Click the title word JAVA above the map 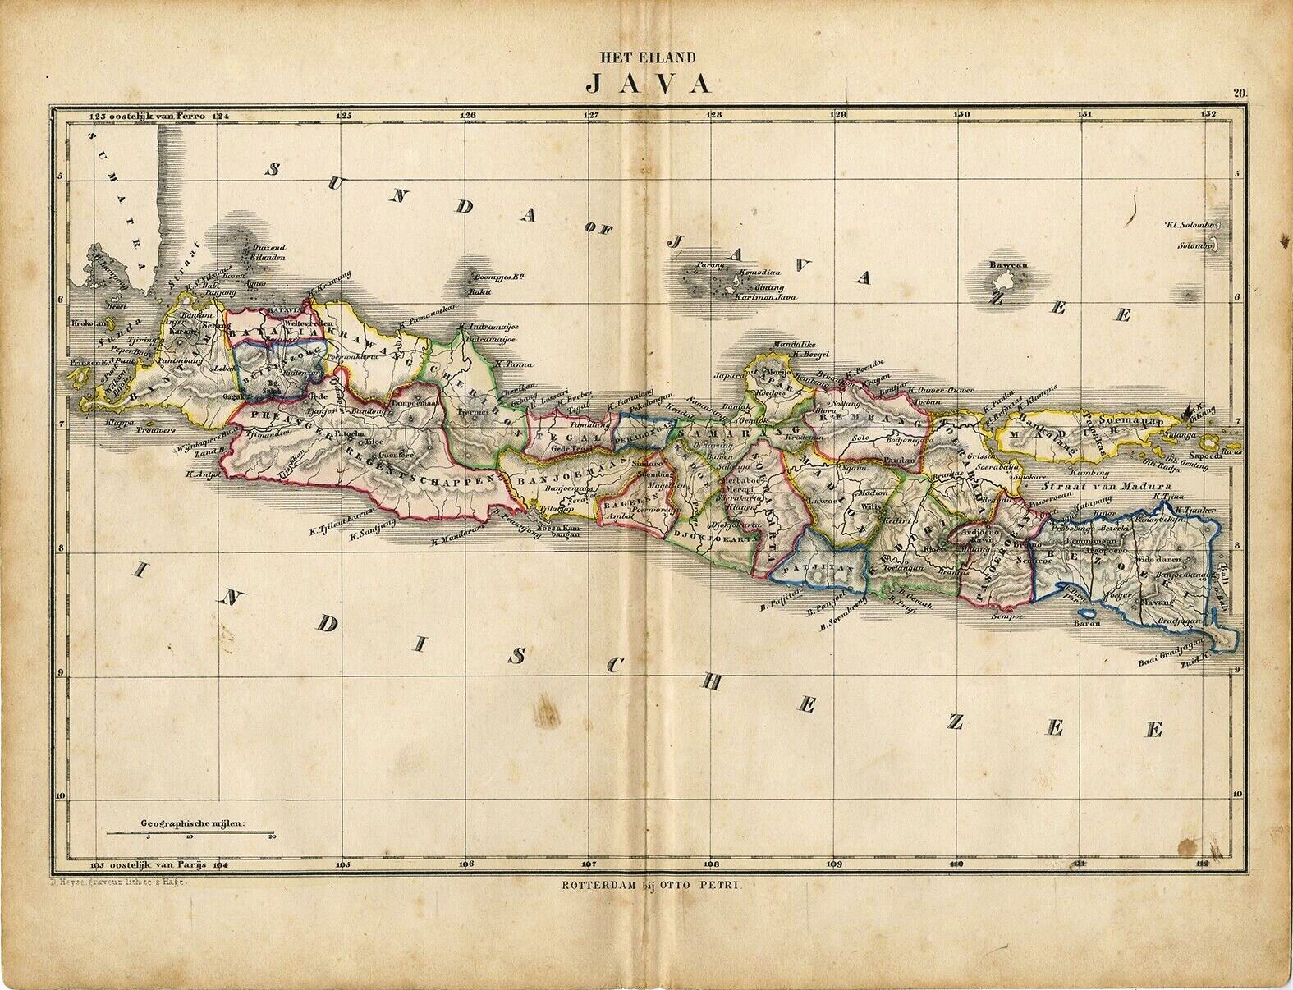(649, 85)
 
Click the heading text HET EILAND (648, 58)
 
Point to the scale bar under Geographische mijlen (190, 835)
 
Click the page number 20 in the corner (1239, 93)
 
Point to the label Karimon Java (765, 297)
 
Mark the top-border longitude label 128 (714, 116)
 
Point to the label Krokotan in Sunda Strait (85, 323)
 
